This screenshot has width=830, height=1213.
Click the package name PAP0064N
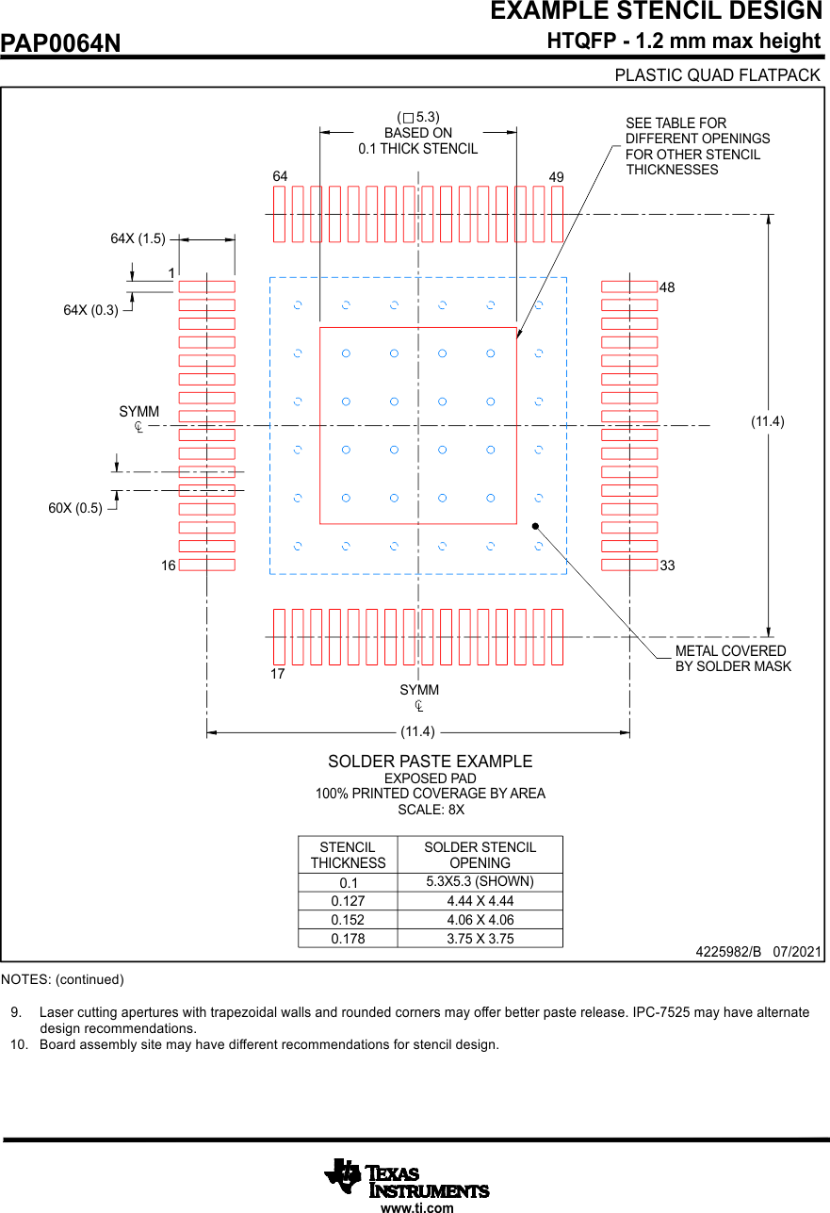coord(61,43)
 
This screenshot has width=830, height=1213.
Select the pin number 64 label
coord(280,176)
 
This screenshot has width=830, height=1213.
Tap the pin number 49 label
coord(556,177)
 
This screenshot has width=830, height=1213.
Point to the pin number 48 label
coord(667,287)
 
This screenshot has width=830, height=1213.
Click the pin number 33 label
coord(667,566)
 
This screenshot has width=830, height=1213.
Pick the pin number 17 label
coord(277,675)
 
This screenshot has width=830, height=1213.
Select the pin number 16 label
coord(168,566)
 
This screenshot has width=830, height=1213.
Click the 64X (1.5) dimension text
coord(138,239)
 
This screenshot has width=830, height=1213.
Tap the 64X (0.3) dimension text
coord(90,310)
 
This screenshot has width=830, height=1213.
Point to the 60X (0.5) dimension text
coord(75,509)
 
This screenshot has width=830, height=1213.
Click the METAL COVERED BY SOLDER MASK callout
coord(732,659)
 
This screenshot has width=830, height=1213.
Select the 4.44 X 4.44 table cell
coord(480,901)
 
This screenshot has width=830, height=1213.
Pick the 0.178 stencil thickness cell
coord(348,939)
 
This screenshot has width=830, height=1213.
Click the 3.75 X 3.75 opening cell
coord(480,939)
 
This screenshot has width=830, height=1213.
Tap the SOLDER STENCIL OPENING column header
coord(480,855)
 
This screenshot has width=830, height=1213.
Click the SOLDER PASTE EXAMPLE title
coord(430,762)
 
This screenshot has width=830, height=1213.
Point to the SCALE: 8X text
coord(431,810)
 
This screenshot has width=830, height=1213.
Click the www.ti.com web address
coord(416,1207)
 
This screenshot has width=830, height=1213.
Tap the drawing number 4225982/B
coord(728,953)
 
